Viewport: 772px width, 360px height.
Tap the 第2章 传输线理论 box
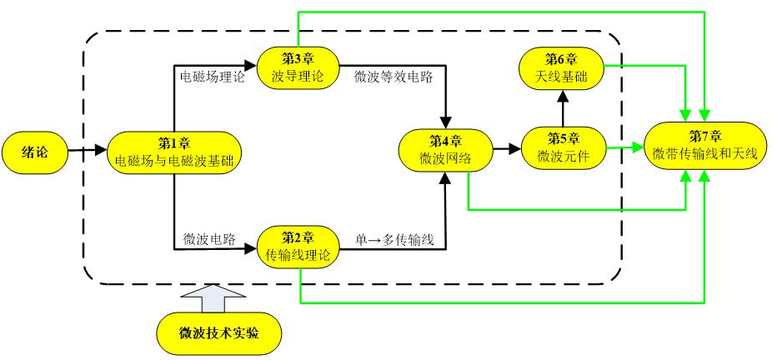(298, 247)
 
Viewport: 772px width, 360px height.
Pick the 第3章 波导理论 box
(298, 67)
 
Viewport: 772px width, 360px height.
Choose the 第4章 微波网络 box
(446, 149)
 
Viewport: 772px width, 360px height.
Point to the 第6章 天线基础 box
(562, 68)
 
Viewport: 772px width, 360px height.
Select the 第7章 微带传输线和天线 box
(706, 147)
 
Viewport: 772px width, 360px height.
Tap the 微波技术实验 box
(219, 332)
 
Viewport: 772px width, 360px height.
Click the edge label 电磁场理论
(213, 77)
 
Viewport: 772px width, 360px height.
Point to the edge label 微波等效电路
(393, 77)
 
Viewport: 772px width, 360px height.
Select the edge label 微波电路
(208, 239)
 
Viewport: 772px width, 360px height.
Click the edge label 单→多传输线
(394, 240)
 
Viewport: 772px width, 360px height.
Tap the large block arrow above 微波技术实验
(213, 298)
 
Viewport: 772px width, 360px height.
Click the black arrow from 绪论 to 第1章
(88, 148)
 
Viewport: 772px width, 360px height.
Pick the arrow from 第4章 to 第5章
(507, 147)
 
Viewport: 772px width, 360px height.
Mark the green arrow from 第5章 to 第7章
(624, 147)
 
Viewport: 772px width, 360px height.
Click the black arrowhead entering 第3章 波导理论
(251, 64)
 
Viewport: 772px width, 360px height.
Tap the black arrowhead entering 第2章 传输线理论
(251, 249)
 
